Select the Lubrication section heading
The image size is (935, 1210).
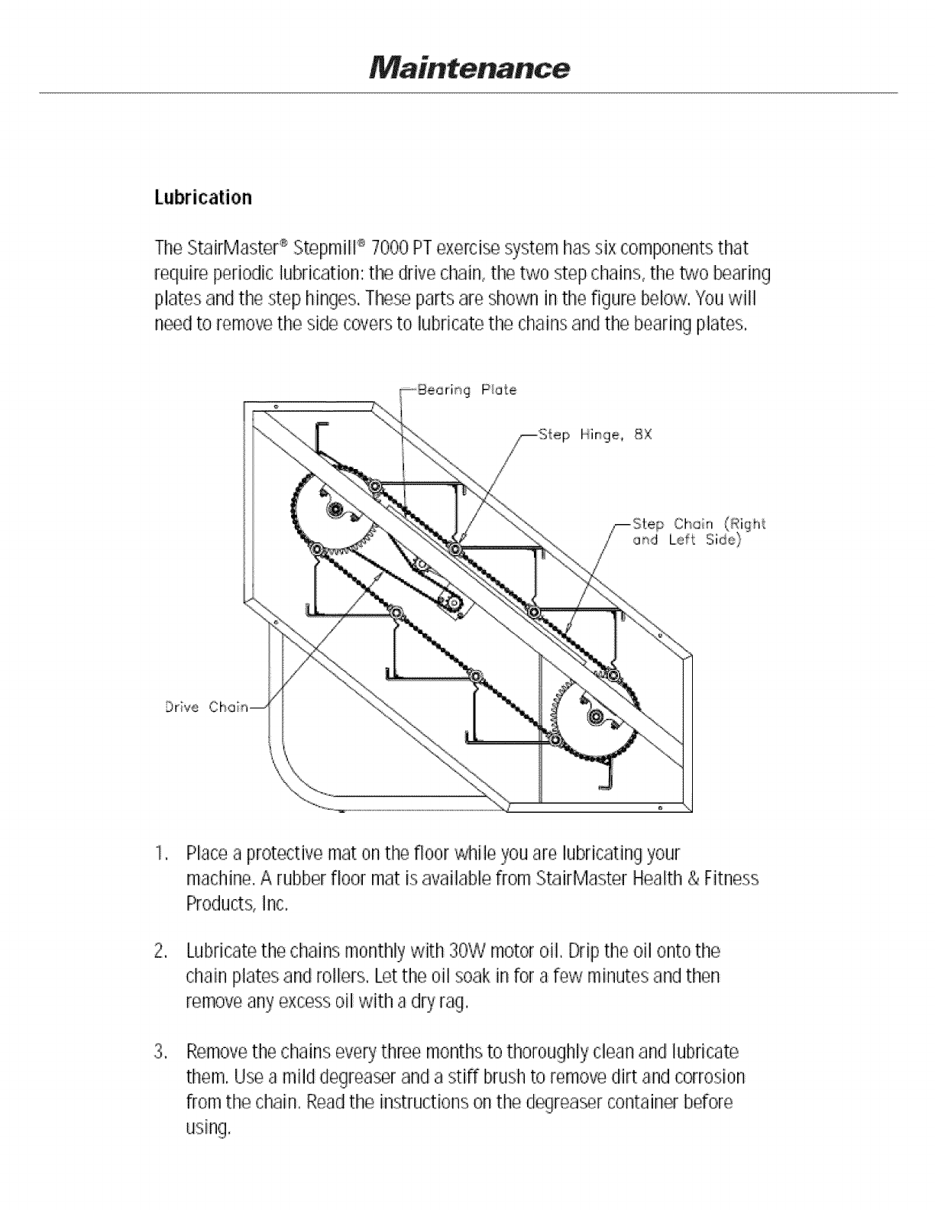click(x=202, y=198)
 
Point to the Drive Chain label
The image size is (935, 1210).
click(x=207, y=707)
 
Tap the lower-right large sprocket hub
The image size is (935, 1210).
click(x=594, y=717)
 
